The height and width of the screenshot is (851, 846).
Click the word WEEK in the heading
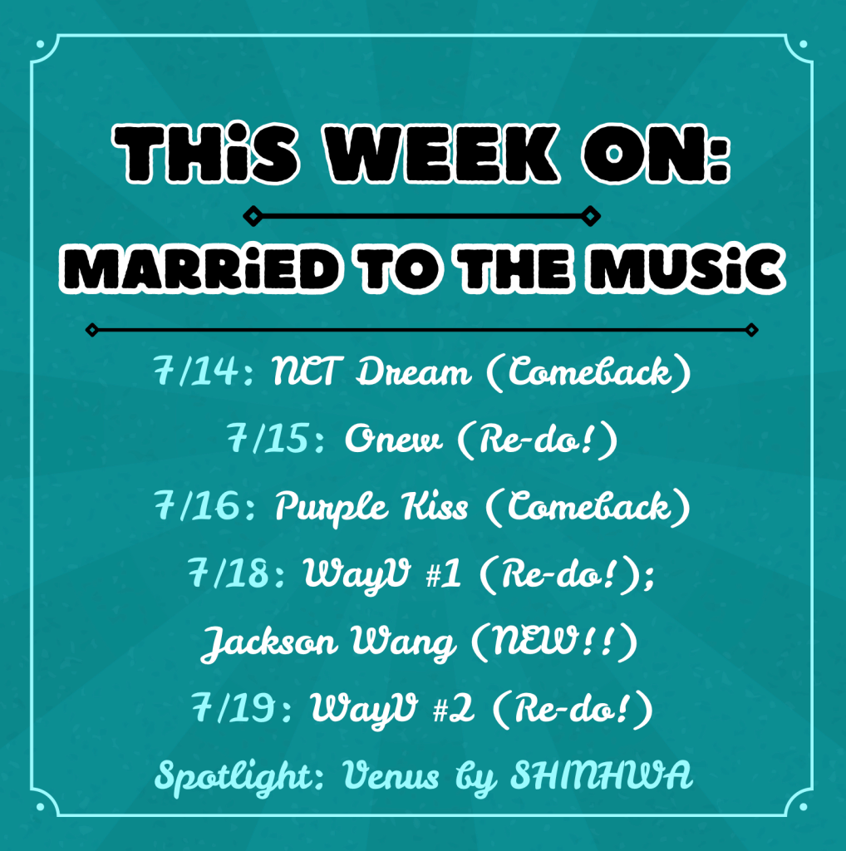pyautogui.click(x=441, y=154)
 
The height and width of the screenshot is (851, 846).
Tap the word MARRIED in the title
pyautogui.click(x=201, y=269)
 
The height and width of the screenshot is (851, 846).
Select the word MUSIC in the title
pyautogui.click(x=686, y=269)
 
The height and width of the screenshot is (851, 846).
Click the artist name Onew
pyautogui.click(x=393, y=439)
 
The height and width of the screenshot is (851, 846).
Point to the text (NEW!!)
pyautogui.click(x=554, y=642)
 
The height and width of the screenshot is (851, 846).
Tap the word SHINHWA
pyautogui.click(x=602, y=775)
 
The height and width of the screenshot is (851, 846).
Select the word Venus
pyautogui.click(x=391, y=775)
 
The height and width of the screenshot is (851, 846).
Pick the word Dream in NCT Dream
pyautogui.click(x=414, y=371)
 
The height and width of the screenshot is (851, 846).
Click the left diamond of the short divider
pyautogui.click(x=253, y=216)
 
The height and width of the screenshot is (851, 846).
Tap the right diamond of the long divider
pyautogui.click(x=751, y=330)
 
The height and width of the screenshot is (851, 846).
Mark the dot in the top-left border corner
pyautogui.click(x=40, y=44)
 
